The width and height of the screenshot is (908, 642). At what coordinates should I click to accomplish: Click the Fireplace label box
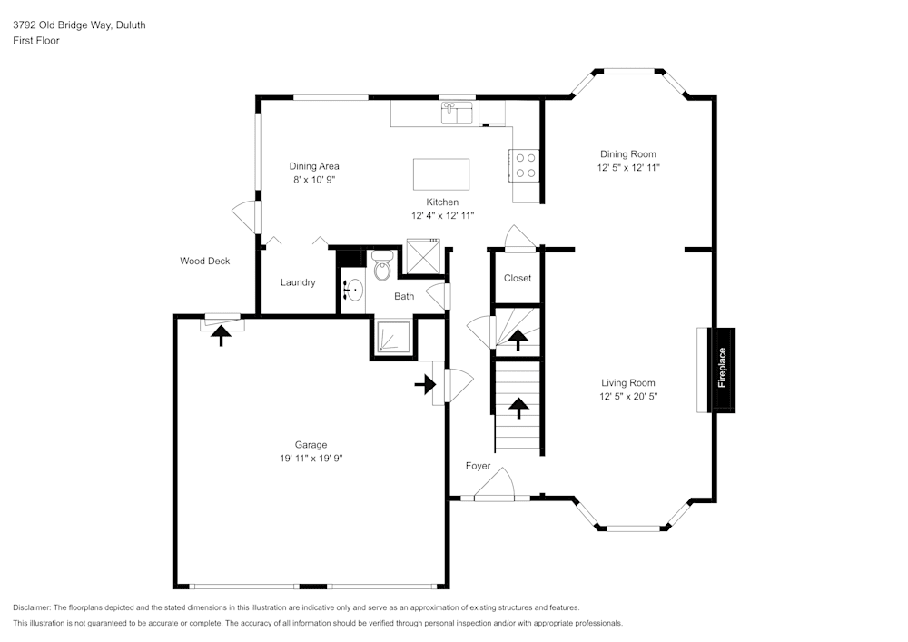click(x=722, y=369)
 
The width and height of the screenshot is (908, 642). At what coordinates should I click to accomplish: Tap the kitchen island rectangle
click(x=441, y=173)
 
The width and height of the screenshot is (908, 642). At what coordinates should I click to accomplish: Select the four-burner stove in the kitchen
click(x=525, y=164)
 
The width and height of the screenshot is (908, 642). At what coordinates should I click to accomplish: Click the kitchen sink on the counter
click(x=458, y=113)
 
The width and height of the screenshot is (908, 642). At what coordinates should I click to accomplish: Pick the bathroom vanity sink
click(x=353, y=291)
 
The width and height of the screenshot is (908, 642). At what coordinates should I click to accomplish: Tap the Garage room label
click(x=311, y=445)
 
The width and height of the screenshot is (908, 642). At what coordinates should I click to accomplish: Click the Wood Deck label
click(x=204, y=261)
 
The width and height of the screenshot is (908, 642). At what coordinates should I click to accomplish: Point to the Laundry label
click(x=298, y=282)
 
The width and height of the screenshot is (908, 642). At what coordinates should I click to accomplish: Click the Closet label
click(x=518, y=278)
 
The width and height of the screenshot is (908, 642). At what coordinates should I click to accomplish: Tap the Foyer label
click(x=478, y=466)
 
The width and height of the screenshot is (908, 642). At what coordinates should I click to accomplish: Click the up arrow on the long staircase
click(x=518, y=408)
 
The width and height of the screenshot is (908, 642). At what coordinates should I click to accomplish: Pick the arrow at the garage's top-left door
click(x=221, y=335)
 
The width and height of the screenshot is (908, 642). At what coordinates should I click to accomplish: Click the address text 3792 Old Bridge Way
click(x=63, y=25)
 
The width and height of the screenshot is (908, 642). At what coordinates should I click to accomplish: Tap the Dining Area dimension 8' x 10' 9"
click(x=314, y=180)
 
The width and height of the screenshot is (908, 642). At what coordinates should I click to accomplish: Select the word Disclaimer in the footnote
click(x=33, y=607)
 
